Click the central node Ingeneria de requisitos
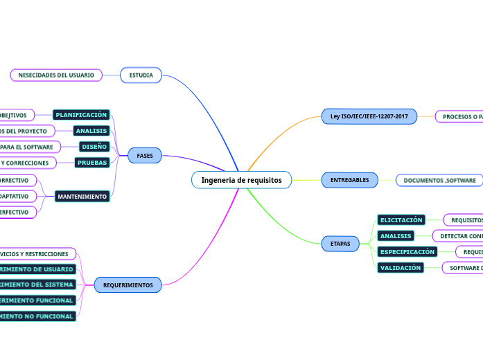pos(241,180)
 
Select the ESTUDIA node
pos(141,75)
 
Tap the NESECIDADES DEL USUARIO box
pos(56,75)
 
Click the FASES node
pos(145,156)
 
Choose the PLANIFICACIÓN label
pos(81,114)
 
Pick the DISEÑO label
pos(94,146)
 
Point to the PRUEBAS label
pos(92,163)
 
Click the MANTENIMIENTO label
pos(82,197)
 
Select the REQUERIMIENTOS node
pos(128,285)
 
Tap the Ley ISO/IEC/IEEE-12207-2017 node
pos(369,116)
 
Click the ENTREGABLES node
pos(350,180)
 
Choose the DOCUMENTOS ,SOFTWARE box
pos(440,180)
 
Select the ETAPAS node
pos(340,244)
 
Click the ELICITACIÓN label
pos(401,220)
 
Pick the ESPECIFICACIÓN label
pos(407,252)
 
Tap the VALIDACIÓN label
pos(401,268)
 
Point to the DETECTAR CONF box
pos(457,236)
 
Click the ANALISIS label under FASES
pos(91,130)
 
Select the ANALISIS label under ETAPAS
pos(396,236)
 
